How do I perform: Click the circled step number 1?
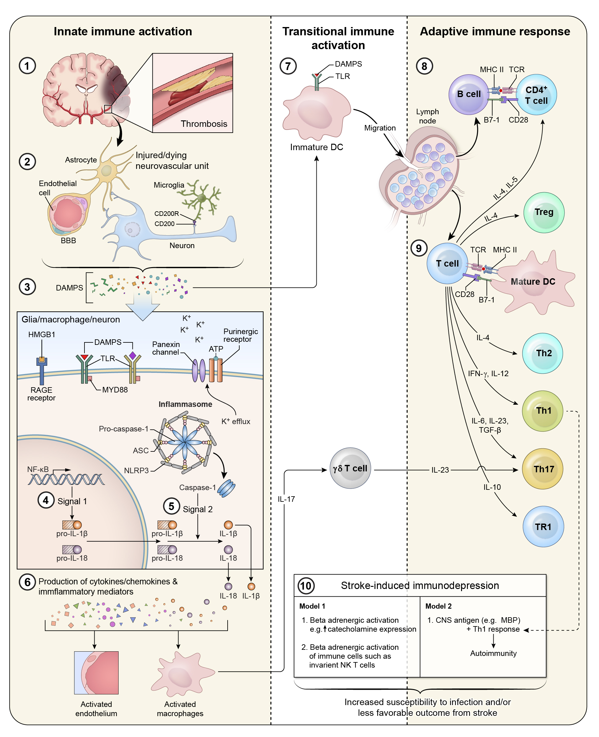(x=27, y=65)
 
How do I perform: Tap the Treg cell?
(x=543, y=213)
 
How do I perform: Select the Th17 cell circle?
(x=542, y=469)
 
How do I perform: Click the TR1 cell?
(x=543, y=527)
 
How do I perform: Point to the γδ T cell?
(x=350, y=468)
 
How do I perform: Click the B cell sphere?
(x=468, y=94)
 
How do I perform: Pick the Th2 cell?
(x=542, y=353)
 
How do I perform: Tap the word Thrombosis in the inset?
(x=204, y=124)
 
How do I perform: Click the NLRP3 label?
(x=136, y=470)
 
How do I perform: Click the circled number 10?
(x=306, y=586)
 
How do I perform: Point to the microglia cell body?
(x=202, y=198)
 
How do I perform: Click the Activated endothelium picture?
(x=96, y=673)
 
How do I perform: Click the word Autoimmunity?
(x=493, y=653)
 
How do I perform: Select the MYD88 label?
(x=115, y=390)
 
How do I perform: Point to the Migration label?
(x=380, y=128)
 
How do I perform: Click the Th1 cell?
(x=542, y=411)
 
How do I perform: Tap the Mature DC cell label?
(x=533, y=281)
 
